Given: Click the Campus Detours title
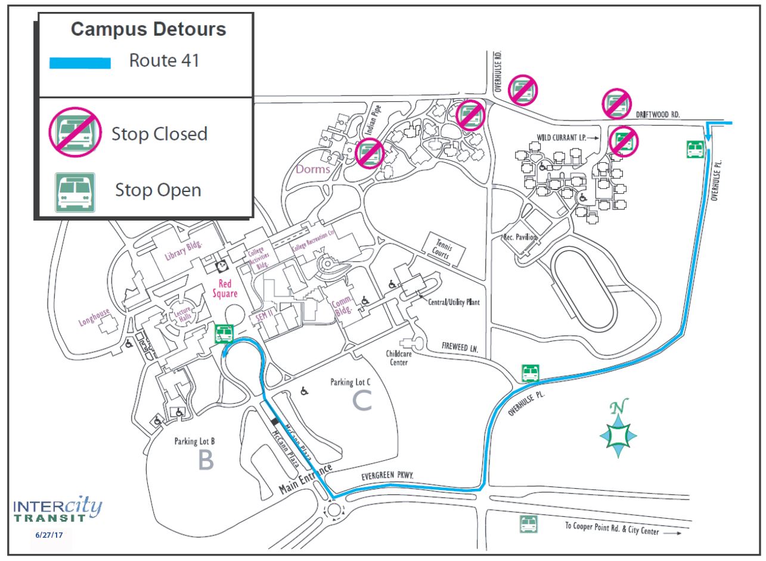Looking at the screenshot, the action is tap(148, 29).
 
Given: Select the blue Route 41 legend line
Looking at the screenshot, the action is tap(80, 63).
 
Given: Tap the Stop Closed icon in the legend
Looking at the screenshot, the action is tap(75, 132).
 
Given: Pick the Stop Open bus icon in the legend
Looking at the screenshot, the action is tap(75, 193).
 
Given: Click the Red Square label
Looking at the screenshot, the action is tap(225, 289).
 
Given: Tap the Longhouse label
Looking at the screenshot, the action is tap(94, 317).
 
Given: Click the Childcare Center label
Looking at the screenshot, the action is tap(399, 358).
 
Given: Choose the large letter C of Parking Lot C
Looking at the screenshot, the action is tap(362, 401).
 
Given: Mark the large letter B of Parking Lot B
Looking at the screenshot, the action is tap(206, 460).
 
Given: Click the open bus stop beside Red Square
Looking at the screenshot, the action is tap(224, 334).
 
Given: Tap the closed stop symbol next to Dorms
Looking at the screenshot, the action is tap(370, 154).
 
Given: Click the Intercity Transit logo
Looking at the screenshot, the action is tap(57, 509).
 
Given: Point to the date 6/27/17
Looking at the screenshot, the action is tap(49, 535).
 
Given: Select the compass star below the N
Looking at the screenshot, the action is tap(618, 436).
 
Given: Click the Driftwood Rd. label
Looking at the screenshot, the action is tap(658, 114).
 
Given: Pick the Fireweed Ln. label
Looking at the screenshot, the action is tap(460, 347).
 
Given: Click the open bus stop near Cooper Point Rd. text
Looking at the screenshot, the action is tap(529, 524).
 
